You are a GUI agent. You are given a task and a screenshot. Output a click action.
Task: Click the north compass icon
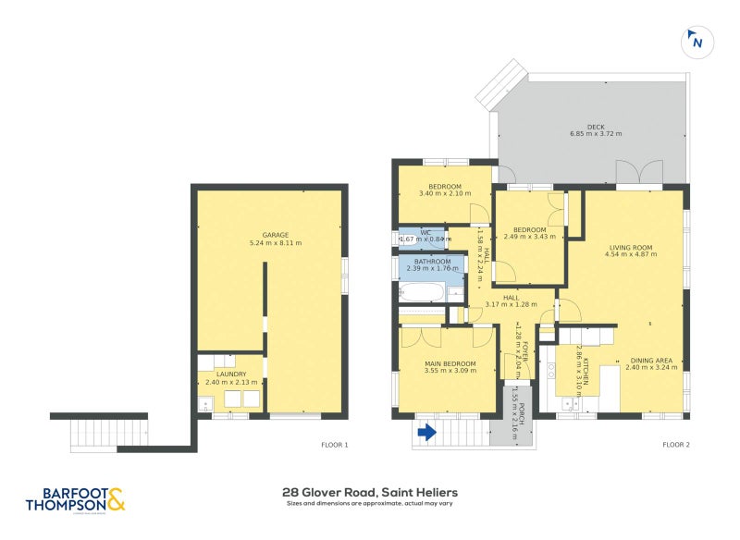pos(696,42)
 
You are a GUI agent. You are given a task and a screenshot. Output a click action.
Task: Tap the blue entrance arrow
pos(427,431)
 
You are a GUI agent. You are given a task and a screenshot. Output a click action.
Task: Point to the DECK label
pos(596,127)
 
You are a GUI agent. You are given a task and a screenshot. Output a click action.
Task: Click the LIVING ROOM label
pos(631,247)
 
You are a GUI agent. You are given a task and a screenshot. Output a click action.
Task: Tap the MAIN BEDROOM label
pos(450,362)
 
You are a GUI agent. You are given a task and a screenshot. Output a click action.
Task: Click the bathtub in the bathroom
pos(423,294)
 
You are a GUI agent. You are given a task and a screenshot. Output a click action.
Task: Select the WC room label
pos(426,232)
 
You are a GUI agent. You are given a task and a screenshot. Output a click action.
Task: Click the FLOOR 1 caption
pos(334,446)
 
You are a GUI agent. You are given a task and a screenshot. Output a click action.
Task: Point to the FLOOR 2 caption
pos(676,446)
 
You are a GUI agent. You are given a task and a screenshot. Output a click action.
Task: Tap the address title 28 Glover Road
pos(370,493)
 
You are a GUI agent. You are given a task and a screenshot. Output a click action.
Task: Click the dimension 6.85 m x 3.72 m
pos(596,135)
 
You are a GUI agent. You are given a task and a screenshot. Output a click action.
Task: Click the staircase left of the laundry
pos(109,432)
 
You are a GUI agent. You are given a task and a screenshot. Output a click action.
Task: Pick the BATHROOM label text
pos(432,262)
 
